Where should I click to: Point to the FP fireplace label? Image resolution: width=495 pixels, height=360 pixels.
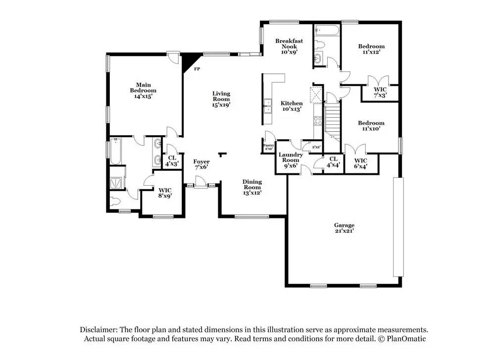pos(197,69)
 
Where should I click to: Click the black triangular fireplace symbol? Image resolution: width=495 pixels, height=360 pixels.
pos(188,61)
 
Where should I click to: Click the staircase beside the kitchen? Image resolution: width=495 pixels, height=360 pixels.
pos(331,121)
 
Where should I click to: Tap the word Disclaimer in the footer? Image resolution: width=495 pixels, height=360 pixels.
pos(97,330)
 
